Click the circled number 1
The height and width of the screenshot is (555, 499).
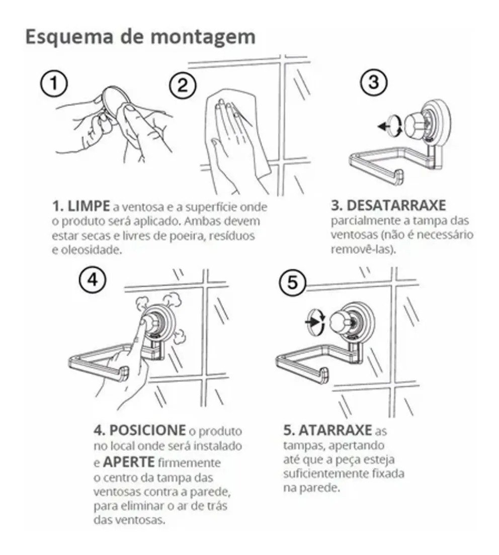(x=54, y=84)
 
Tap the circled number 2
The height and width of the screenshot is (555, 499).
(x=183, y=85)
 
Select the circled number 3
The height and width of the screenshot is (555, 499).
(x=374, y=82)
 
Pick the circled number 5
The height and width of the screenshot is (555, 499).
(x=292, y=283)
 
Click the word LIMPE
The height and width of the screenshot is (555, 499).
(x=89, y=206)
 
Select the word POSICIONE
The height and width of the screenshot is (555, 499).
(x=147, y=430)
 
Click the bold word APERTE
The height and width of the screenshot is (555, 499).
(x=129, y=462)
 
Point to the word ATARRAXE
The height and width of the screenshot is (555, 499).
(x=335, y=430)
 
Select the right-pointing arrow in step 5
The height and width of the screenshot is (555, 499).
(x=311, y=322)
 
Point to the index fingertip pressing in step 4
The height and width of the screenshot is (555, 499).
(x=144, y=322)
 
